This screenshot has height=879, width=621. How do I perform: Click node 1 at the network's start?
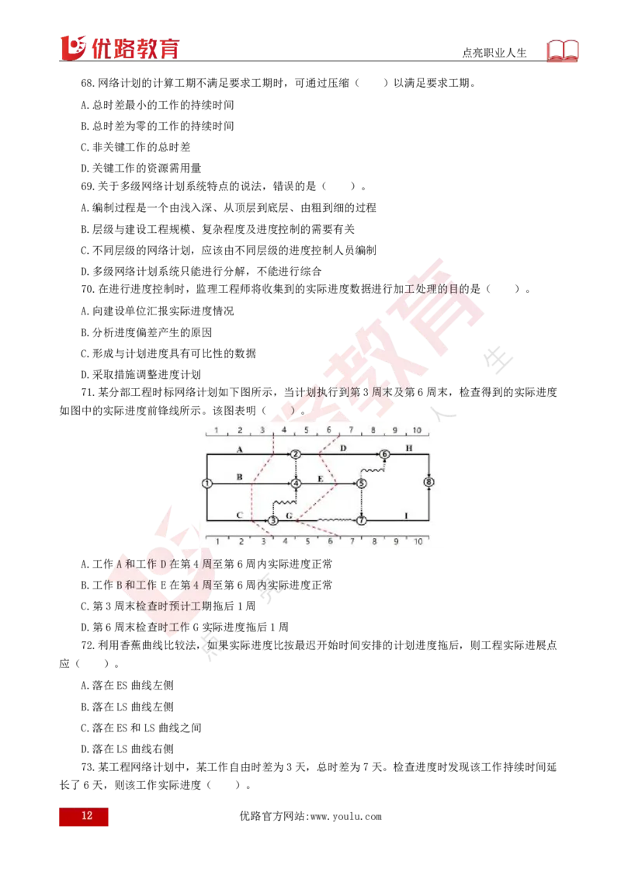(x=206, y=483)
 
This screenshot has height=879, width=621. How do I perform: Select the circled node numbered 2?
(x=295, y=454)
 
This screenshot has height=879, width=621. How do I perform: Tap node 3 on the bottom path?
(x=273, y=520)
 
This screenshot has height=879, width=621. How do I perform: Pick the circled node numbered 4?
(x=296, y=483)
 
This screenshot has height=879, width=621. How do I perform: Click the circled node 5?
(x=361, y=483)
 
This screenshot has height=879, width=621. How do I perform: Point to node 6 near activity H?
(x=383, y=454)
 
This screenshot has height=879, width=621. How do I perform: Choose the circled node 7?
(x=361, y=520)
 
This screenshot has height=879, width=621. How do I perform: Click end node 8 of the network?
(x=428, y=483)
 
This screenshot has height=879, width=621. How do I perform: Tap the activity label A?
(x=240, y=450)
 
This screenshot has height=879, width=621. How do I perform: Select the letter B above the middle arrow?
(x=240, y=477)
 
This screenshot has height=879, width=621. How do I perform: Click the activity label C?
(x=240, y=515)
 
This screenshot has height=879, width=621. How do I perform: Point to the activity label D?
(x=342, y=449)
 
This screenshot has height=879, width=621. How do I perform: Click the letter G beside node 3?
(x=289, y=516)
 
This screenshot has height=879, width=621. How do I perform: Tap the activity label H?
(x=409, y=449)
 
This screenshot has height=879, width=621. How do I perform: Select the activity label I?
(x=406, y=515)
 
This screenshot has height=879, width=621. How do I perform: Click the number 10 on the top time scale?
(x=417, y=429)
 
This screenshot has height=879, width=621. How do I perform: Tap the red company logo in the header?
(x=119, y=47)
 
